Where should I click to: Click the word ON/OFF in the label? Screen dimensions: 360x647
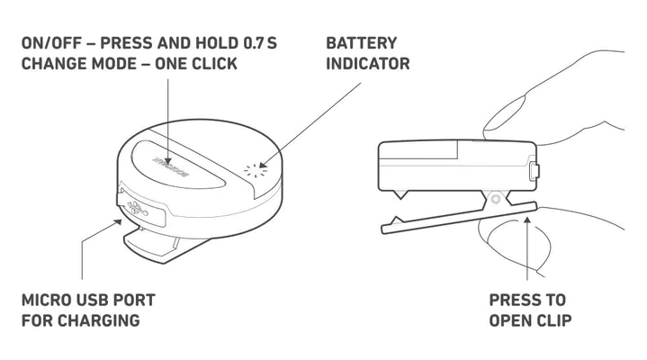click(46, 43)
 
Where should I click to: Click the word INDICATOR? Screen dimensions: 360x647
click(368, 64)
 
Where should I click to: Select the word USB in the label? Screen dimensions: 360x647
click(96, 300)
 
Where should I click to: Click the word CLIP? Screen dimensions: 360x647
click(552, 320)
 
